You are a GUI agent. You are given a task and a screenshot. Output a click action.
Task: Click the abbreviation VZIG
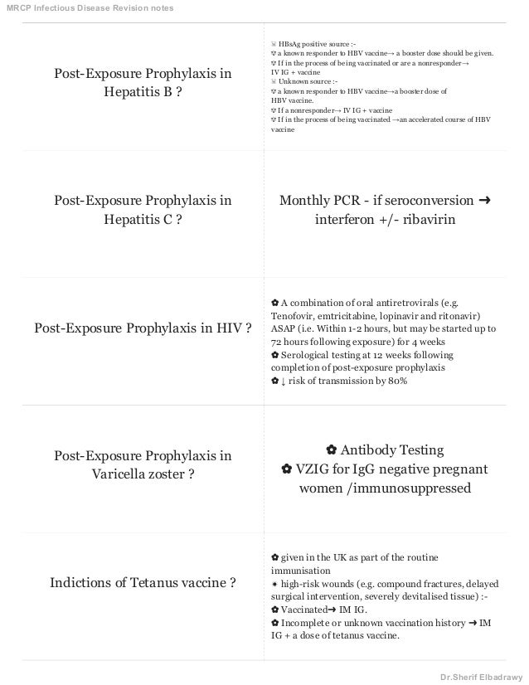[314, 469]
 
